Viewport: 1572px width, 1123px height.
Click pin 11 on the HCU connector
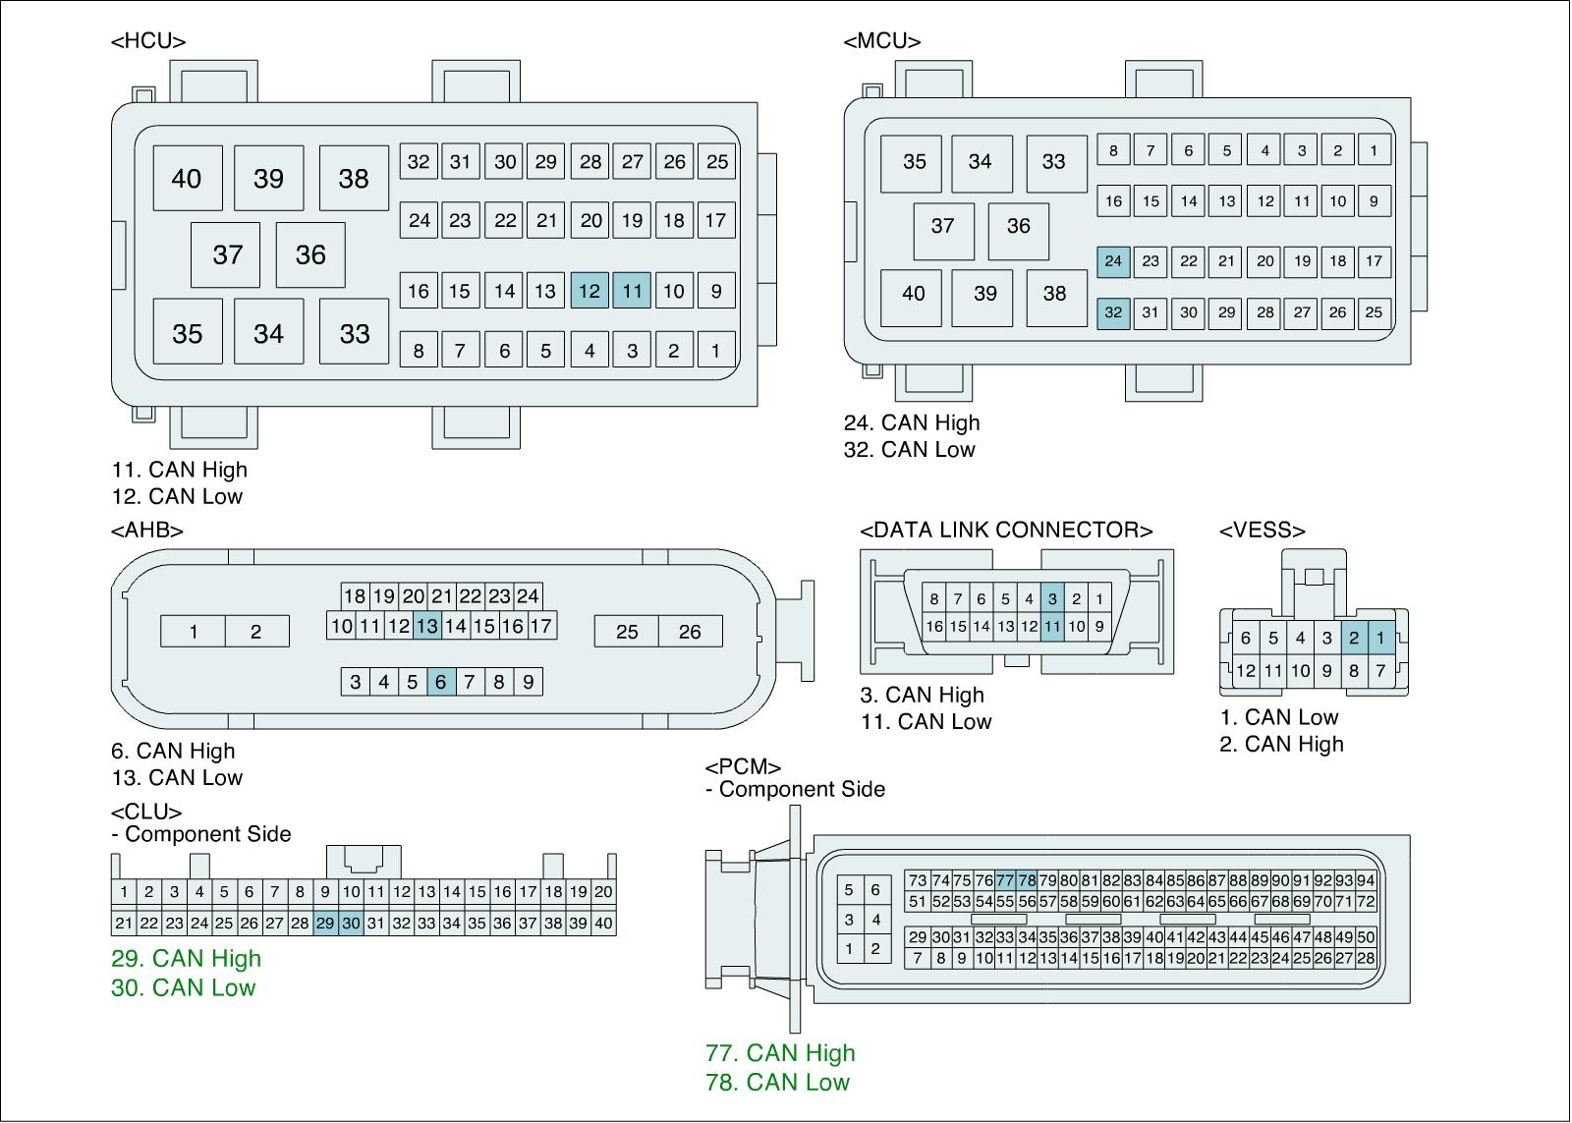click(x=632, y=291)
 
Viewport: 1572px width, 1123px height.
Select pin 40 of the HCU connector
click(x=187, y=178)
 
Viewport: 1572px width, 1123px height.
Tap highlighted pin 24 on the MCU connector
click(x=1113, y=260)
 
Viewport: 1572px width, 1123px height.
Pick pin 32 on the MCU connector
click(x=1113, y=312)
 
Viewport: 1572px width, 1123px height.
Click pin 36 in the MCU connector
click(x=1018, y=226)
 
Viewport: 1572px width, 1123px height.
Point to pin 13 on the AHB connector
click(x=426, y=626)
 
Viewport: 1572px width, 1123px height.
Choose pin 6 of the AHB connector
click(x=441, y=682)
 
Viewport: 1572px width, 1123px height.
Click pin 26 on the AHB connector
click(x=690, y=632)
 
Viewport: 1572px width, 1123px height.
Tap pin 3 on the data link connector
click(x=1052, y=598)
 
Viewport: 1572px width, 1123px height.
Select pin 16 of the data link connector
click(x=934, y=626)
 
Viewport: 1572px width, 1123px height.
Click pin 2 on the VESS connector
click(x=1354, y=639)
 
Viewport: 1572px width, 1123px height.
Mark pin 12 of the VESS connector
click(x=1246, y=671)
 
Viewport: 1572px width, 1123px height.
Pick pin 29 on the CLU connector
click(x=325, y=924)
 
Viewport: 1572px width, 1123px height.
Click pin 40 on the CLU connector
click(x=603, y=924)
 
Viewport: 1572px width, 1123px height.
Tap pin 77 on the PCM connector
click(x=1005, y=880)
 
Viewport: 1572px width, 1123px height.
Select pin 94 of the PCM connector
click(x=1366, y=880)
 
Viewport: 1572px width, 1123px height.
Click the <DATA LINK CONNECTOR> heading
click(x=1006, y=531)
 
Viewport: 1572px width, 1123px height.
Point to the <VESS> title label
click(x=1263, y=531)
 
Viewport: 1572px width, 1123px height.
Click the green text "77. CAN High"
click(x=780, y=1053)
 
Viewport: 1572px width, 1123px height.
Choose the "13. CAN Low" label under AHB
click(x=177, y=777)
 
